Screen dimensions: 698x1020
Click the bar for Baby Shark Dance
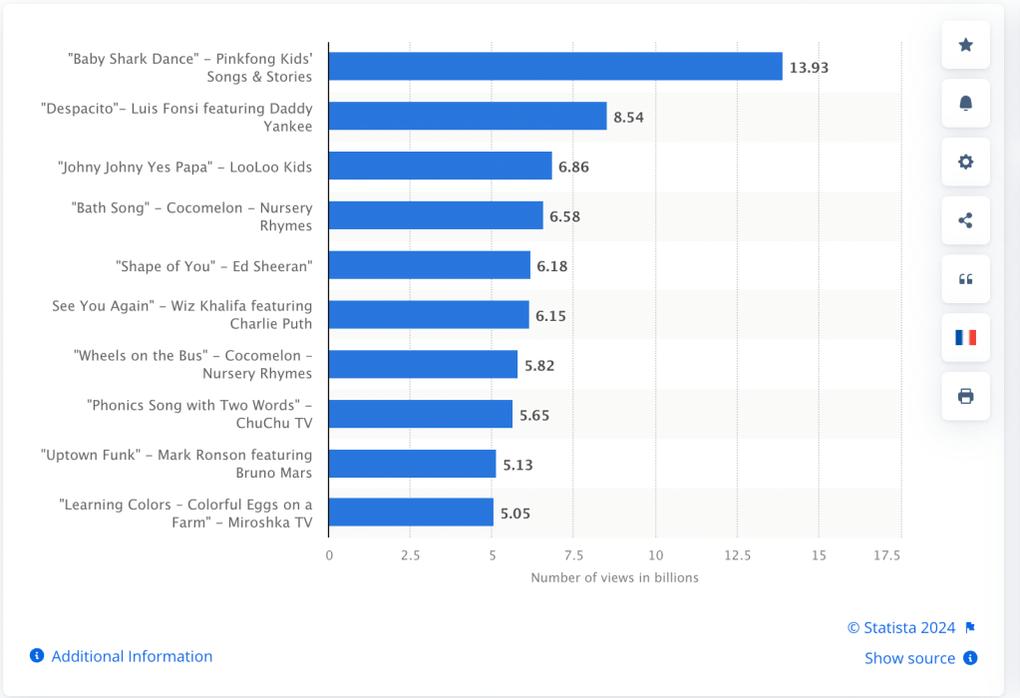coord(555,67)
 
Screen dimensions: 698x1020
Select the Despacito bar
coord(468,117)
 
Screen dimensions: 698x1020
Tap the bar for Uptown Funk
coord(412,464)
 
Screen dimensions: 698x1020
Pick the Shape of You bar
coord(429,265)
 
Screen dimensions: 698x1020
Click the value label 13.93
coord(809,68)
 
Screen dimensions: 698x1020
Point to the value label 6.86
coord(573,167)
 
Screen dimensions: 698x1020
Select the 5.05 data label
coord(514,514)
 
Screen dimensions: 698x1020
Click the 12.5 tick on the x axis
coord(738,554)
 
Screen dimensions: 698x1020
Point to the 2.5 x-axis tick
coord(411,554)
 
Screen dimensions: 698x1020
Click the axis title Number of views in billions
coord(614,577)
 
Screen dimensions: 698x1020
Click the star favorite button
coord(965,45)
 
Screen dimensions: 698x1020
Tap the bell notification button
coord(965,104)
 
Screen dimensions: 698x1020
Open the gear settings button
coord(965,162)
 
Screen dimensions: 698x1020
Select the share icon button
coord(965,220)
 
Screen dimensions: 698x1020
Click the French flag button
coord(965,337)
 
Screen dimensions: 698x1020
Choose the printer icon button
coord(965,396)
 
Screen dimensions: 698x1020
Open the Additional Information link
coord(132,656)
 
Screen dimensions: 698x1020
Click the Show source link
coord(909,658)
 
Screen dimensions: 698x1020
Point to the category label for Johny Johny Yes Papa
coord(184,167)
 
